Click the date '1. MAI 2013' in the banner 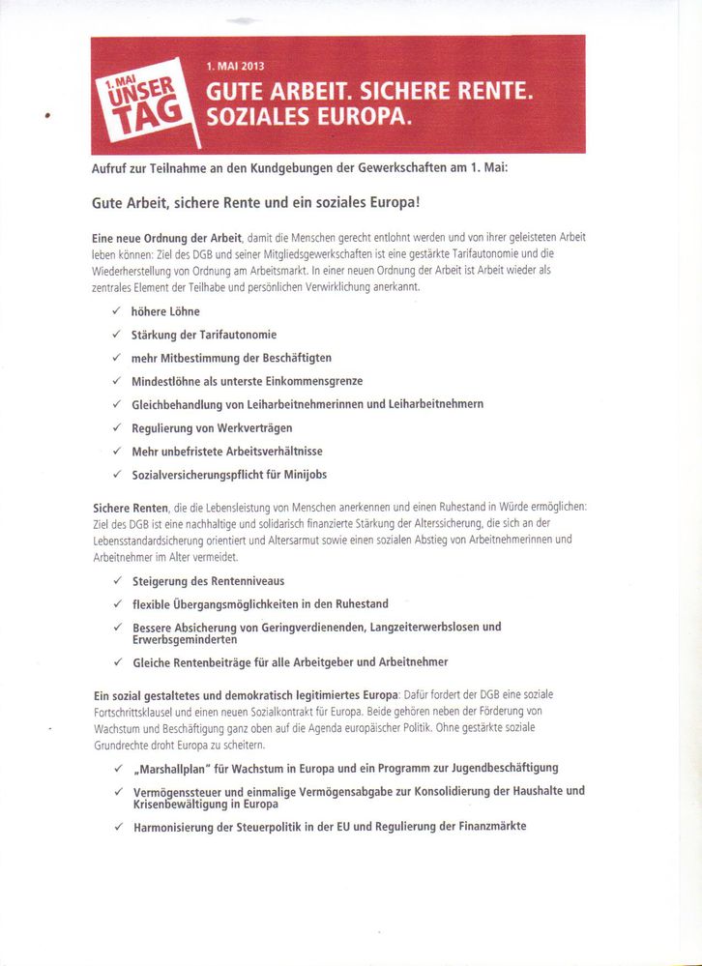pos(236,67)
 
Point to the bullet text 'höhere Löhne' pos(165,311)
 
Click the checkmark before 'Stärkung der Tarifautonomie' pos(116,335)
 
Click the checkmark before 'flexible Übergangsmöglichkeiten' pos(116,604)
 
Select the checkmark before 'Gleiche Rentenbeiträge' pos(116,662)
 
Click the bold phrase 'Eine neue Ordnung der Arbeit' pos(161,237)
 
